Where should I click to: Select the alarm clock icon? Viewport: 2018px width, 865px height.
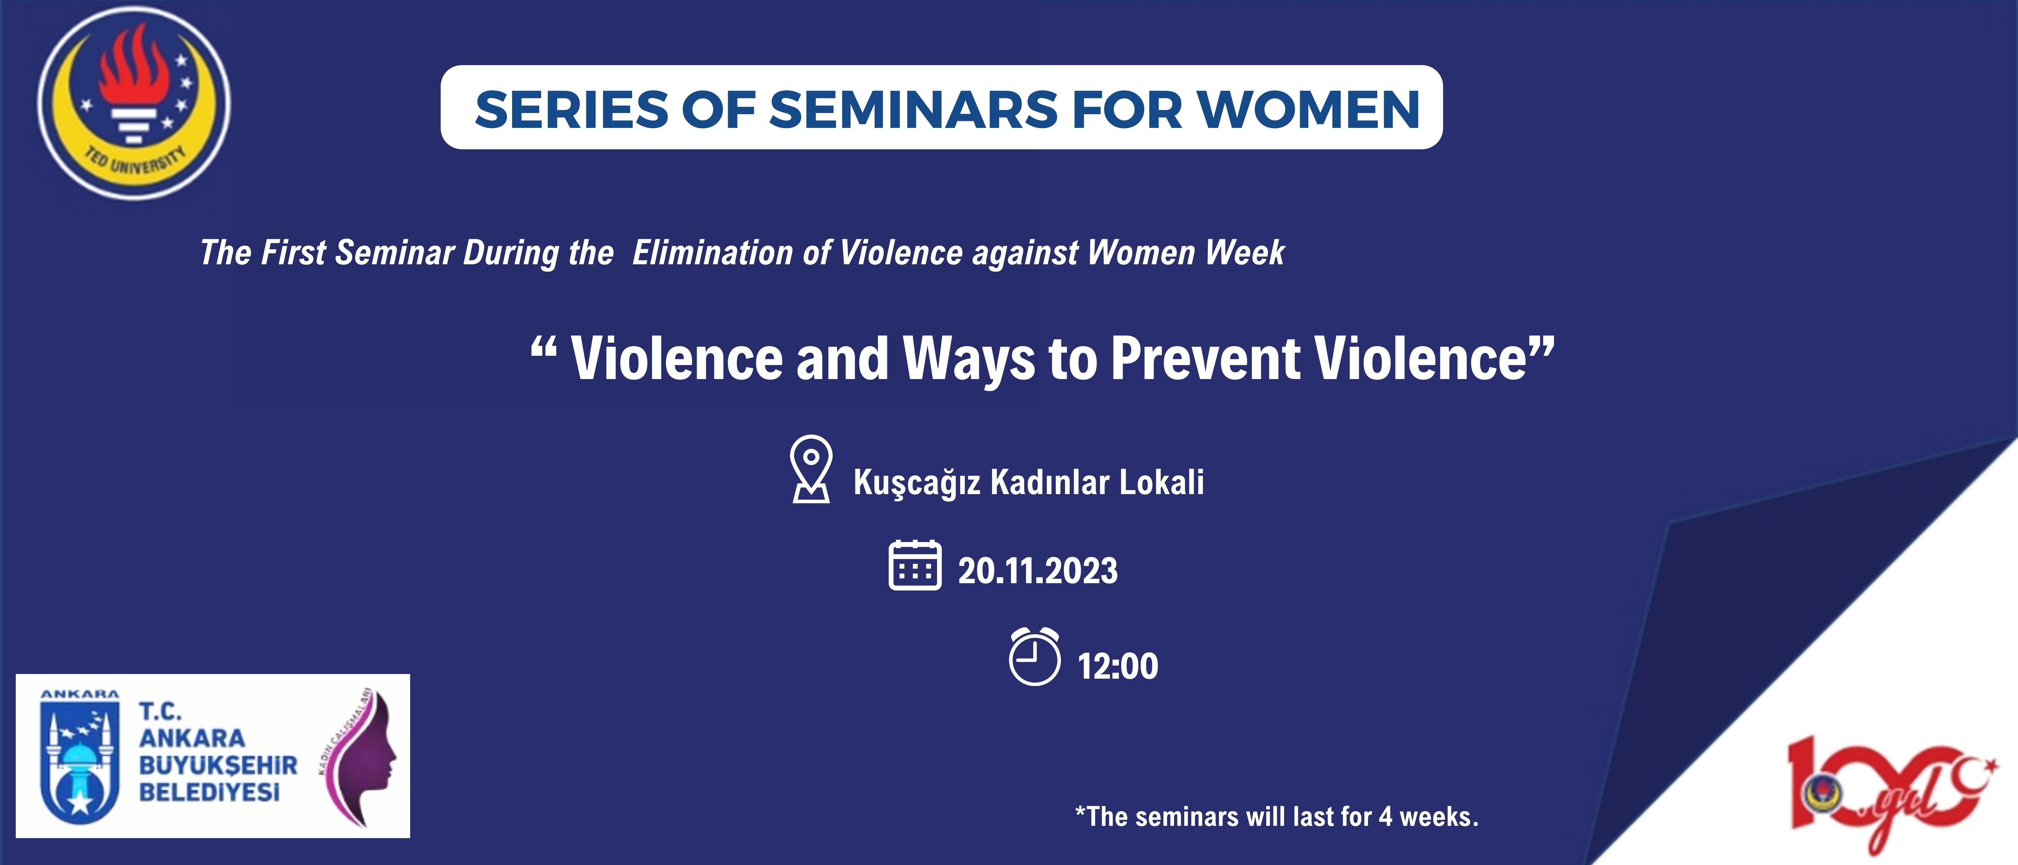1034,656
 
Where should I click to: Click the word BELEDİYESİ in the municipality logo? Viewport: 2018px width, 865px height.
209,792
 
